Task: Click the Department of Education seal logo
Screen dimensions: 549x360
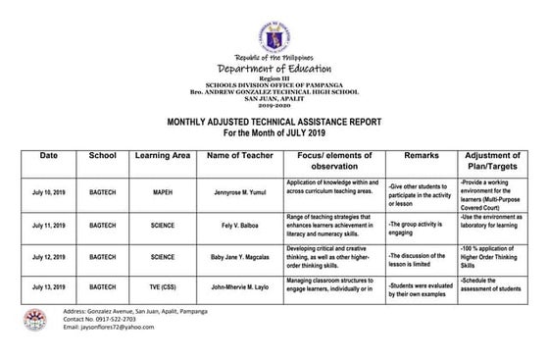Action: pyautogui.click(x=274, y=38)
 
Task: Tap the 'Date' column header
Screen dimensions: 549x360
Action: pyautogui.click(x=49, y=156)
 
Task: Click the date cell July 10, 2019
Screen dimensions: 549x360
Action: pyautogui.click(x=49, y=192)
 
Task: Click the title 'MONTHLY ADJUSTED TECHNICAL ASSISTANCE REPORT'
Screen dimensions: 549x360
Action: pyautogui.click(x=274, y=120)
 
